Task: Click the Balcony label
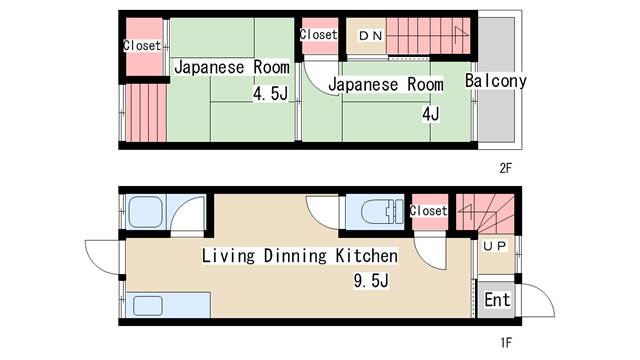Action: point(496,81)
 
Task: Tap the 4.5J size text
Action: point(270,94)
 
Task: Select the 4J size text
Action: point(431,114)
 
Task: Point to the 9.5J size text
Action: point(371,281)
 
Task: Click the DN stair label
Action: point(371,36)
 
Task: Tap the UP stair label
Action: point(495,246)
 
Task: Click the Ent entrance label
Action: point(497,300)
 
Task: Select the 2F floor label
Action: point(506,168)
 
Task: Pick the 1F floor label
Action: point(506,342)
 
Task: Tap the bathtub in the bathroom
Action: point(146,213)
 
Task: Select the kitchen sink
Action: point(148,306)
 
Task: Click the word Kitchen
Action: point(367,256)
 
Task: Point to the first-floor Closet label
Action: point(429,211)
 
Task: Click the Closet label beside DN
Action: point(319,34)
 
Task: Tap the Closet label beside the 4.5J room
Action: point(142,45)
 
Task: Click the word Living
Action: point(228,256)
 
